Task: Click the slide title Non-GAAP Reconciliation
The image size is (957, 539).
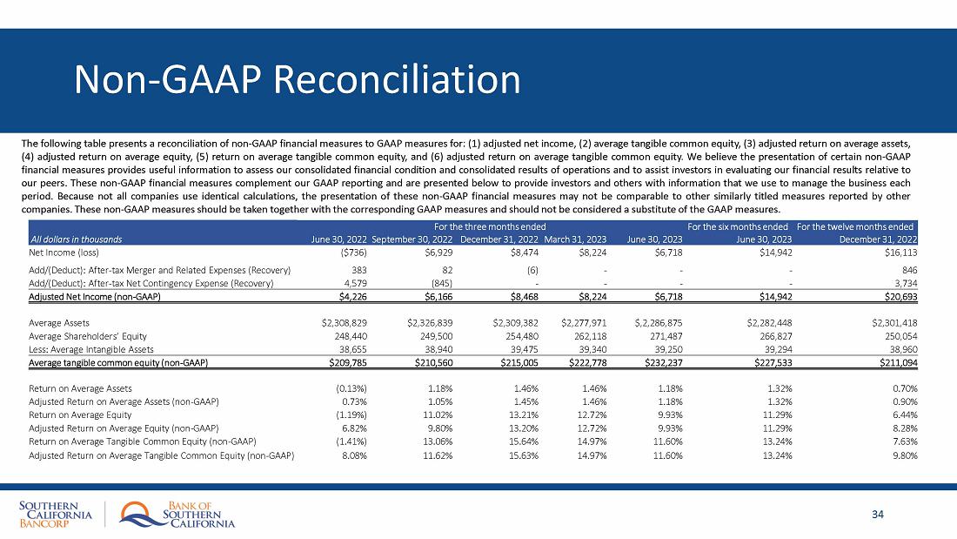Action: point(298,80)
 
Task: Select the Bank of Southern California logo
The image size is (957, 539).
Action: point(177,515)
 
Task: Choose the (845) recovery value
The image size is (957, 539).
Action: point(442,282)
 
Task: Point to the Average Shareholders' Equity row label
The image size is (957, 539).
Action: point(88,335)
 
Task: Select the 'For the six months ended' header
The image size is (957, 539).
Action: point(739,226)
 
